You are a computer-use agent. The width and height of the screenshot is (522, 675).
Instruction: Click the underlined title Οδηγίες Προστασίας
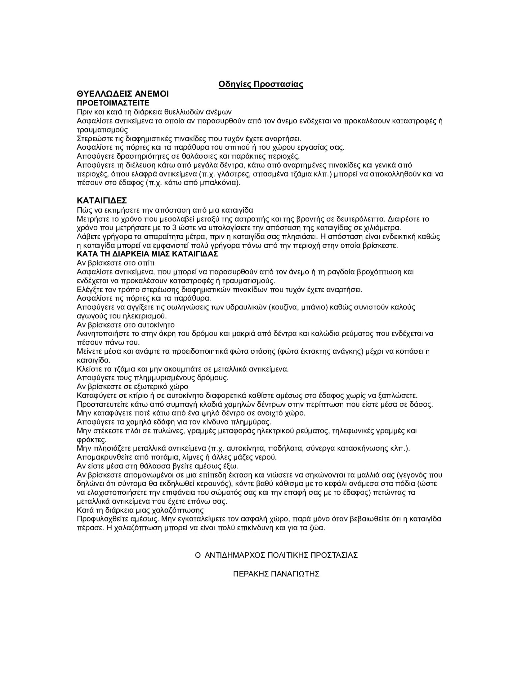point(261,84)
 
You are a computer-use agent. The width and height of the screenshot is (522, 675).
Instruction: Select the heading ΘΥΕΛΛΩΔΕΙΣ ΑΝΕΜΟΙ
point(122,94)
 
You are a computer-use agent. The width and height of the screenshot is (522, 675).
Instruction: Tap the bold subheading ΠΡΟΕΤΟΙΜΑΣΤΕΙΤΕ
point(113,103)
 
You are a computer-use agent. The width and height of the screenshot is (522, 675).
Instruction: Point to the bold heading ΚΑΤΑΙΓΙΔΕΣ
point(102,200)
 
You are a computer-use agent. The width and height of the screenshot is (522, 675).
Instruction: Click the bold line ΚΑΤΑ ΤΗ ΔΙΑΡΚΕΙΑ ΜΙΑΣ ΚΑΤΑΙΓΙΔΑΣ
point(147,254)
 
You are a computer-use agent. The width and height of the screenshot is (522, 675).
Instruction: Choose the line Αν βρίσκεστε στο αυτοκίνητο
point(126,325)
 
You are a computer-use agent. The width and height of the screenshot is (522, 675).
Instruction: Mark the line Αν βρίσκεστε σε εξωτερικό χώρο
point(132,386)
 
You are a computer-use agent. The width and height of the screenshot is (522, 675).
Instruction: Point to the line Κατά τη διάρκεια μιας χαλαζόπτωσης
point(140,510)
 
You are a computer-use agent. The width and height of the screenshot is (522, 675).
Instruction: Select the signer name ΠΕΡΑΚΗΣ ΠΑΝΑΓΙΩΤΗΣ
point(276,574)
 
